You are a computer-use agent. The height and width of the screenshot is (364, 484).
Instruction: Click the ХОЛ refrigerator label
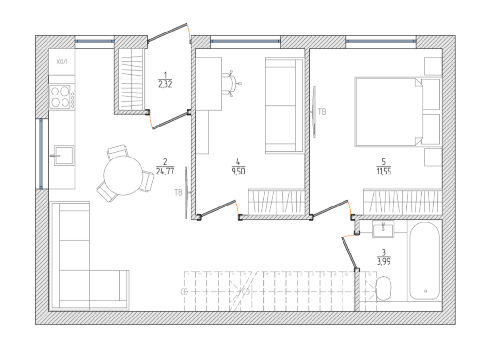[x=62, y=62]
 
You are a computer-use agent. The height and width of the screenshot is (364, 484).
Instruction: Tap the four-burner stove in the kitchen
[x=62, y=96]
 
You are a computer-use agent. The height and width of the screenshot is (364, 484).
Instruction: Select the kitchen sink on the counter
[x=63, y=155]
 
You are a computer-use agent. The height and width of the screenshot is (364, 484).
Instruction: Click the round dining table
[x=123, y=175]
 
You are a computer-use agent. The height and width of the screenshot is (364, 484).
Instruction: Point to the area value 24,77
[x=165, y=171]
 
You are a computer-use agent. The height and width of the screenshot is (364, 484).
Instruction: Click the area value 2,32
[x=165, y=84]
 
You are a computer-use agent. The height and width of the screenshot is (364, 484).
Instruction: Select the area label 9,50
[x=238, y=171]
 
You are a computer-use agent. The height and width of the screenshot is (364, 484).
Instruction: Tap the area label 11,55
[x=384, y=171]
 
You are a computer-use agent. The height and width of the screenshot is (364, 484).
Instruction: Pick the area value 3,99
[x=384, y=262]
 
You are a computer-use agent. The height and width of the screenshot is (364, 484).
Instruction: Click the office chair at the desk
[x=232, y=84]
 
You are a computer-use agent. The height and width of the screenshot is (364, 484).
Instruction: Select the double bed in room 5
[x=397, y=111]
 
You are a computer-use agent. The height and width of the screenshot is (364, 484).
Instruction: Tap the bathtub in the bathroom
[x=425, y=261]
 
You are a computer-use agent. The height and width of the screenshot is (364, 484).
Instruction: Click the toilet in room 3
[x=384, y=288]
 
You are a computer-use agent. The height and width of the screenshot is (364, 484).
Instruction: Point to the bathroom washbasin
[x=383, y=229]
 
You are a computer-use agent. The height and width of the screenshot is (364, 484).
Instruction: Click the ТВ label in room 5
[x=322, y=112]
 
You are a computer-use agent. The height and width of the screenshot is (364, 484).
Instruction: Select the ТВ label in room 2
[x=178, y=192]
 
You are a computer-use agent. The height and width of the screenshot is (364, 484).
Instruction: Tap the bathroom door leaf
[x=350, y=253]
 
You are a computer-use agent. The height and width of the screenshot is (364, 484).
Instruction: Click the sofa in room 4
[x=284, y=105]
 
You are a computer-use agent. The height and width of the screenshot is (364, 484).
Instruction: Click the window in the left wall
[x=41, y=154]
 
